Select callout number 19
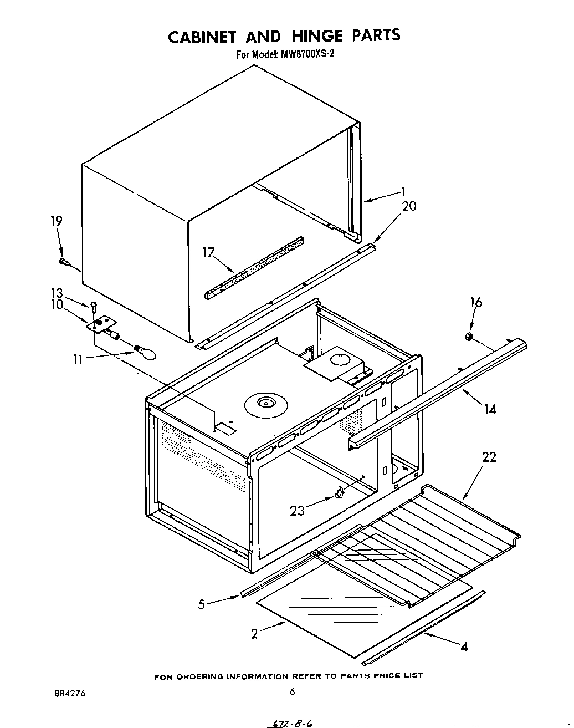57,221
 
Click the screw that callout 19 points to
65,260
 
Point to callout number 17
208,253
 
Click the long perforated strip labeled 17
254,268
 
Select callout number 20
409,206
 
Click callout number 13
58,293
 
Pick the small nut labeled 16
468,336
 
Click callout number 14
489,409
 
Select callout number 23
298,510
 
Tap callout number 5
202,604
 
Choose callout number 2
254,634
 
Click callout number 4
464,646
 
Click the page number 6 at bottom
292,691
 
